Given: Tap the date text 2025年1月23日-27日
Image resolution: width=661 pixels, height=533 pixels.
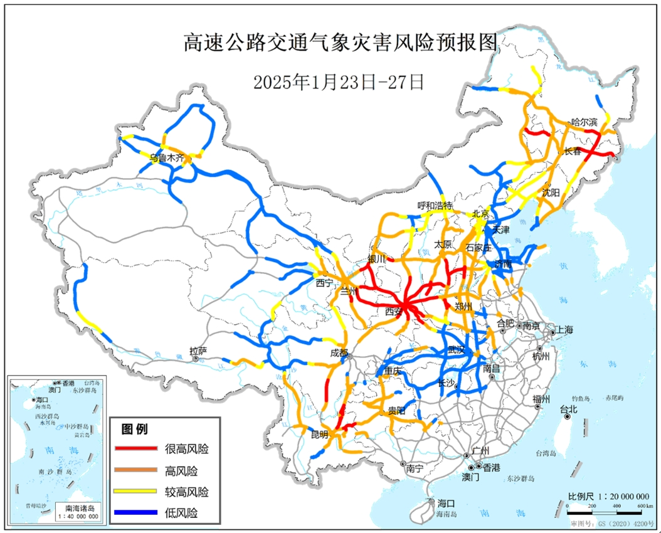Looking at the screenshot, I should pyautogui.click(x=339, y=82).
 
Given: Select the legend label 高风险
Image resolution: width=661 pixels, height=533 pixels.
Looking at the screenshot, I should pyautogui.click(x=181, y=470).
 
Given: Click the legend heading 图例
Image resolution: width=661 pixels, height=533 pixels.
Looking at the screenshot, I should pyautogui.click(x=134, y=430).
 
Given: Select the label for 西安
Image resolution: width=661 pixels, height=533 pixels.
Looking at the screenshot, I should pyautogui.click(x=393, y=311).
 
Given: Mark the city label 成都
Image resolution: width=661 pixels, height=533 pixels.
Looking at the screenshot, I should pyautogui.click(x=339, y=353).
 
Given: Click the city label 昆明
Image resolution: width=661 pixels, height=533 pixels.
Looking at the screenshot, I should pyautogui.click(x=319, y=434).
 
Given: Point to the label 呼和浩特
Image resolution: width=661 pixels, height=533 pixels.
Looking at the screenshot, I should pyautogui.click(x=435, y=206).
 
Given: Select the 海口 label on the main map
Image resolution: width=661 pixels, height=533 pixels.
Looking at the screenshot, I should pyautogui.click(x=446, y=504).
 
